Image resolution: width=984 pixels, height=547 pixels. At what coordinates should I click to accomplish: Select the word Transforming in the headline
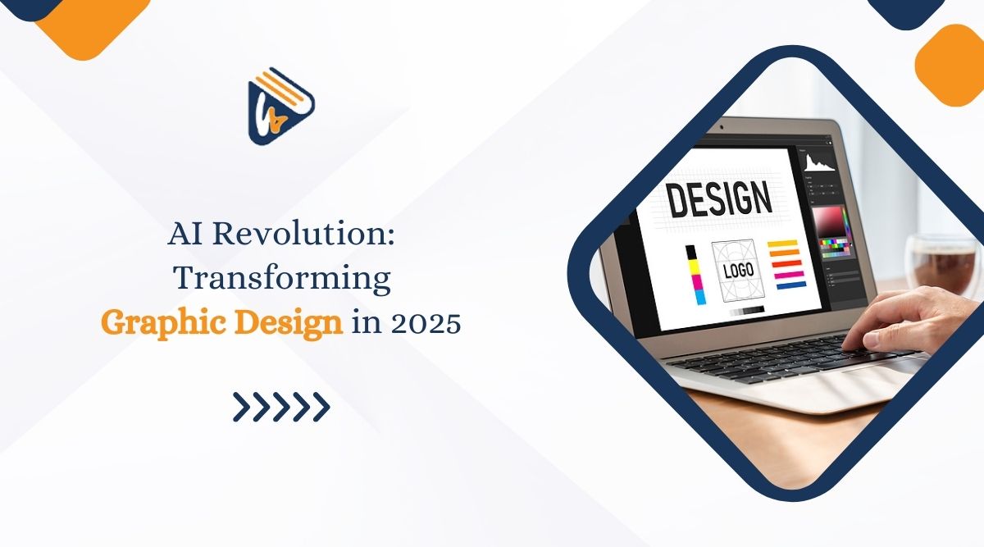click(x=281, y=279)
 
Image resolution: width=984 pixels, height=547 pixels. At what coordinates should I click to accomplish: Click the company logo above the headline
click(x=280, y=107)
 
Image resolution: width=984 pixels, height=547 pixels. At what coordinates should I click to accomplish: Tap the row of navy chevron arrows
click(x=280, y=406)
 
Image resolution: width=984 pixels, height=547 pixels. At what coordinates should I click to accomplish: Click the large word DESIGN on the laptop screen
click(x=718, y=199)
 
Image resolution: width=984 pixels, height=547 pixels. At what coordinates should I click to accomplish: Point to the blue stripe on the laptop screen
click(x=789, y=285)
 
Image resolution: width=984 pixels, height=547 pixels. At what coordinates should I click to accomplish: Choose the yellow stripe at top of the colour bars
click(x=782, y=243)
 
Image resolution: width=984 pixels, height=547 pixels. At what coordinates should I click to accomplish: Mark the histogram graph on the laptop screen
click(x=818, y=162)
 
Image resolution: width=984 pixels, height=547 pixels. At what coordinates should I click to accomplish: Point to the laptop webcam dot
click(x=721, y=128)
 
